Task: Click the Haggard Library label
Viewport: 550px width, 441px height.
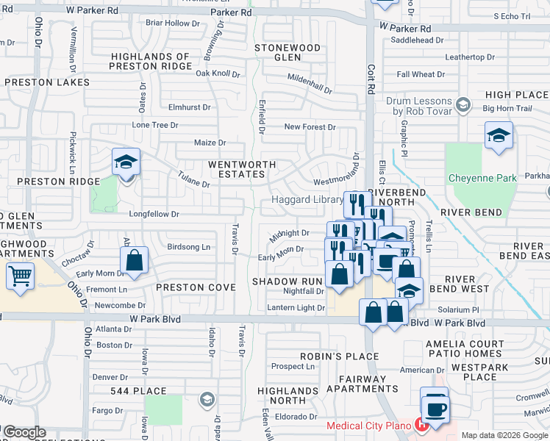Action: (x=307, y=200)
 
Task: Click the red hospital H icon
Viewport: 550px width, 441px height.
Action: (x=421, y=425)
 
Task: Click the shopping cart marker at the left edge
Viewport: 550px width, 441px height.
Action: (x=20, y=277)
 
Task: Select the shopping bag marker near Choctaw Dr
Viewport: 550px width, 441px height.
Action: (x=134, y=261)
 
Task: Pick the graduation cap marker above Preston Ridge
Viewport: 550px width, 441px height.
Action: (x=126, y=162)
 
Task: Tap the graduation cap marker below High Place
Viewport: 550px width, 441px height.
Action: (x=499, y=136)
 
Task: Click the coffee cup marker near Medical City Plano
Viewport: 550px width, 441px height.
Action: (x=436, y=409)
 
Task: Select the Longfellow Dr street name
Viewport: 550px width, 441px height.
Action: (x=154, y=214)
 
